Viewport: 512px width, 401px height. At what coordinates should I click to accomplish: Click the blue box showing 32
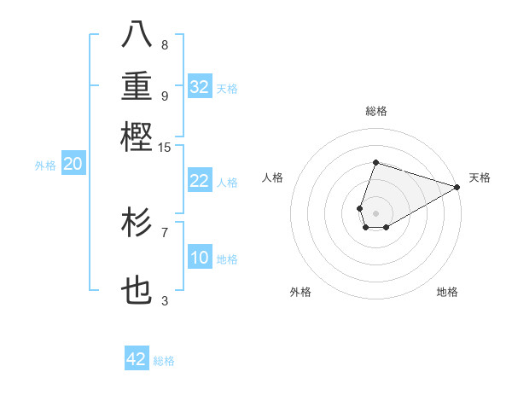point(200,87)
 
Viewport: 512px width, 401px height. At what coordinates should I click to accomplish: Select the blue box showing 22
point(200,181)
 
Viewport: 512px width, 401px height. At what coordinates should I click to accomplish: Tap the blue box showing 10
point(200,259)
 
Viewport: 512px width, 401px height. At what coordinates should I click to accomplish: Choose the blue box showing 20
point(73,165)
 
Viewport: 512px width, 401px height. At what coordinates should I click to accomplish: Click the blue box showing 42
point(137,359)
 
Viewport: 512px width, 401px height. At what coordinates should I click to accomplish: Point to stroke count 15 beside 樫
point(164,148)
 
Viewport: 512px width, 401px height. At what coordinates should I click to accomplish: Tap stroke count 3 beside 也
point(165,300)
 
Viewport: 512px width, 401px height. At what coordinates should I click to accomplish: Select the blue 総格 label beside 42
point(164,361)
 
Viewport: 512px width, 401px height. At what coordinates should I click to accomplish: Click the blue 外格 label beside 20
point(45,166)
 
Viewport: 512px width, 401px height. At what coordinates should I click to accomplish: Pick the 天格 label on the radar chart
point(480,177)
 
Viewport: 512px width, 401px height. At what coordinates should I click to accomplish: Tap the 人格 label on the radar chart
point(273,177)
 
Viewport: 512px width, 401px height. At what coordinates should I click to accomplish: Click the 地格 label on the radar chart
point(447,292)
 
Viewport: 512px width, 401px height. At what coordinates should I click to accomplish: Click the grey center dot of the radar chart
point(375,212)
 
